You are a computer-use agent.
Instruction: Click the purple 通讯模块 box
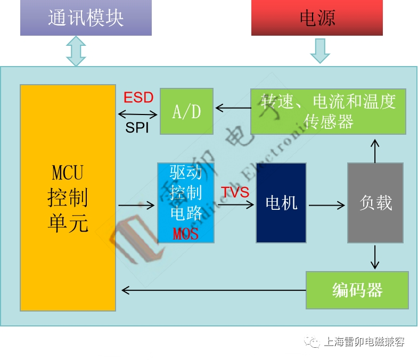(86, 18)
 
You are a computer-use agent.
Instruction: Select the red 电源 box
(317, 18)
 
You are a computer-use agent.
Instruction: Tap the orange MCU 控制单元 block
(68, 198)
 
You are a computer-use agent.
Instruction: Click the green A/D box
(186, 111)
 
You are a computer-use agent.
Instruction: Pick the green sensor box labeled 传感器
(328, 111)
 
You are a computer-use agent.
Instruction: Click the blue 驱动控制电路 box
(186, 202)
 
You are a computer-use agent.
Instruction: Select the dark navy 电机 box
(281, 202)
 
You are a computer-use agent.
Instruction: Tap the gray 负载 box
(375, 202)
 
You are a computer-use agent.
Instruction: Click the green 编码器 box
(357, 290)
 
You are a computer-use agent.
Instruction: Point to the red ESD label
(138, 97)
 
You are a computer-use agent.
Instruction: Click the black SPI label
(137, 128)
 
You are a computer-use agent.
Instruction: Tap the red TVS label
(235, 192)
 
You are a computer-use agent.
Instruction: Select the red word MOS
(185, 233)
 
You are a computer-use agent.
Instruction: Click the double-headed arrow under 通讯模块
(76, 51)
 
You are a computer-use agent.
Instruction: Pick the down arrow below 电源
(319, 51)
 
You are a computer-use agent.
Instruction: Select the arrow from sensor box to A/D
(232, 108)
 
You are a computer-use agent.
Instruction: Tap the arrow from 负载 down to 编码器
(375, 257)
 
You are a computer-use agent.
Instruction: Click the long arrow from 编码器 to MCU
(213, 290)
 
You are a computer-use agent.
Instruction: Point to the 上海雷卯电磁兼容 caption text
(364, 341)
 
